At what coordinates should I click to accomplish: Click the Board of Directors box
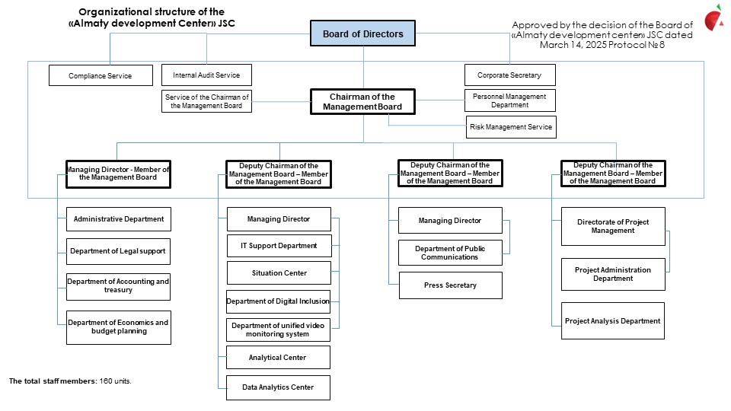(362, 33)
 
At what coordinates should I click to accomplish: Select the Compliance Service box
(101, 75)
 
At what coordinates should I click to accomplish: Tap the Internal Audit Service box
(206, 75)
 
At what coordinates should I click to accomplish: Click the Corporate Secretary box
(510, 75)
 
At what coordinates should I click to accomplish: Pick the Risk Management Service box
(511, 127)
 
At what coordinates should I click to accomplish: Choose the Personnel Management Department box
(510, 100)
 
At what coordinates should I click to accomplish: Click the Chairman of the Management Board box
(362, 101)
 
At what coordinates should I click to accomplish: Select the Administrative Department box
(119, 219)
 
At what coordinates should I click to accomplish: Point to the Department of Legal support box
(119, 251)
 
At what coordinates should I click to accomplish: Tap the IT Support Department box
(279, 246)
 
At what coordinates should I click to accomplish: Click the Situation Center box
(279, 273)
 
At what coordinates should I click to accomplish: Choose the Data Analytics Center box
(279, 387)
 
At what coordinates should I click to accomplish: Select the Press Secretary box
(450, 285)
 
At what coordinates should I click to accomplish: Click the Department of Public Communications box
(450, 253)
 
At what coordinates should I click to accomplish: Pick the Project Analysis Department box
(612, 320)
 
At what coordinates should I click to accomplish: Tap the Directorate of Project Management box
(613, 227)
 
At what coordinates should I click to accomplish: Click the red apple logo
(713, 18)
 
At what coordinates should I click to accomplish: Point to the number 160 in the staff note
(106, 381)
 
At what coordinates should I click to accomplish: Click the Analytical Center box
(279, 358)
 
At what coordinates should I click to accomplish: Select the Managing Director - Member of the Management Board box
(119, 174)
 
